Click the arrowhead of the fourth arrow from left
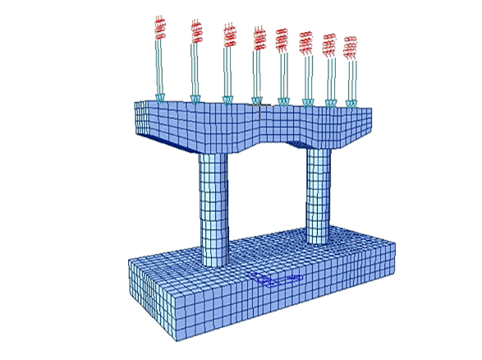click(257, 100)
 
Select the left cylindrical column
click(211, 205)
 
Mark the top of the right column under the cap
click(318, 151)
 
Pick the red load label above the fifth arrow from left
click(282, 39)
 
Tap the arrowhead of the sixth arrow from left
click(307, 103)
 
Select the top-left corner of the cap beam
click(135, 104)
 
